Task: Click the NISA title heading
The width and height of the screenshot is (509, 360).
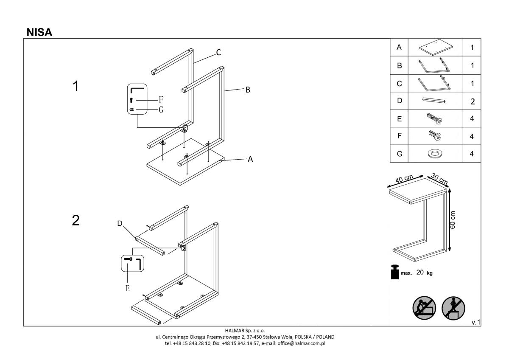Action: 39,32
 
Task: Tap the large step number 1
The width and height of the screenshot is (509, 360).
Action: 76,86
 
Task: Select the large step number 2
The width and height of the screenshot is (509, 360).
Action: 76,220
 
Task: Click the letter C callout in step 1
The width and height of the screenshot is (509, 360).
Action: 218,53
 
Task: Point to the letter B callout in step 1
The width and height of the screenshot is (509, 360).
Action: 248,90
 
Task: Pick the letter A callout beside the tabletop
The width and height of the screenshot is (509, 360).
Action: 250,159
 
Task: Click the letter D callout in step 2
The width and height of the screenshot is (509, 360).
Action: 120,223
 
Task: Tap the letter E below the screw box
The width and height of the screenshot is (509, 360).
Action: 127,288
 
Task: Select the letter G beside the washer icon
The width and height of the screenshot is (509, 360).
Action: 161,110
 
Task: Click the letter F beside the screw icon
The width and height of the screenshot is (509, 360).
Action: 161,100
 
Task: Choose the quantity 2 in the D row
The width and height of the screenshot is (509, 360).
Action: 472,101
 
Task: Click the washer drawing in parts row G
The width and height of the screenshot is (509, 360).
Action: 434,154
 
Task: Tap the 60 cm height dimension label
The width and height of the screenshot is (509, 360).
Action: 453,219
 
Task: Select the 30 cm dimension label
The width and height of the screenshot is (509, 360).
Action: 439,178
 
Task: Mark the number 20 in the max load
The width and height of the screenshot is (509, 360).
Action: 420,273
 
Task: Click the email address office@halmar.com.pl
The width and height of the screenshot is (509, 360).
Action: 301,343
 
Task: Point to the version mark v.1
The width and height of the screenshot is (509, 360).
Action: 475,323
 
